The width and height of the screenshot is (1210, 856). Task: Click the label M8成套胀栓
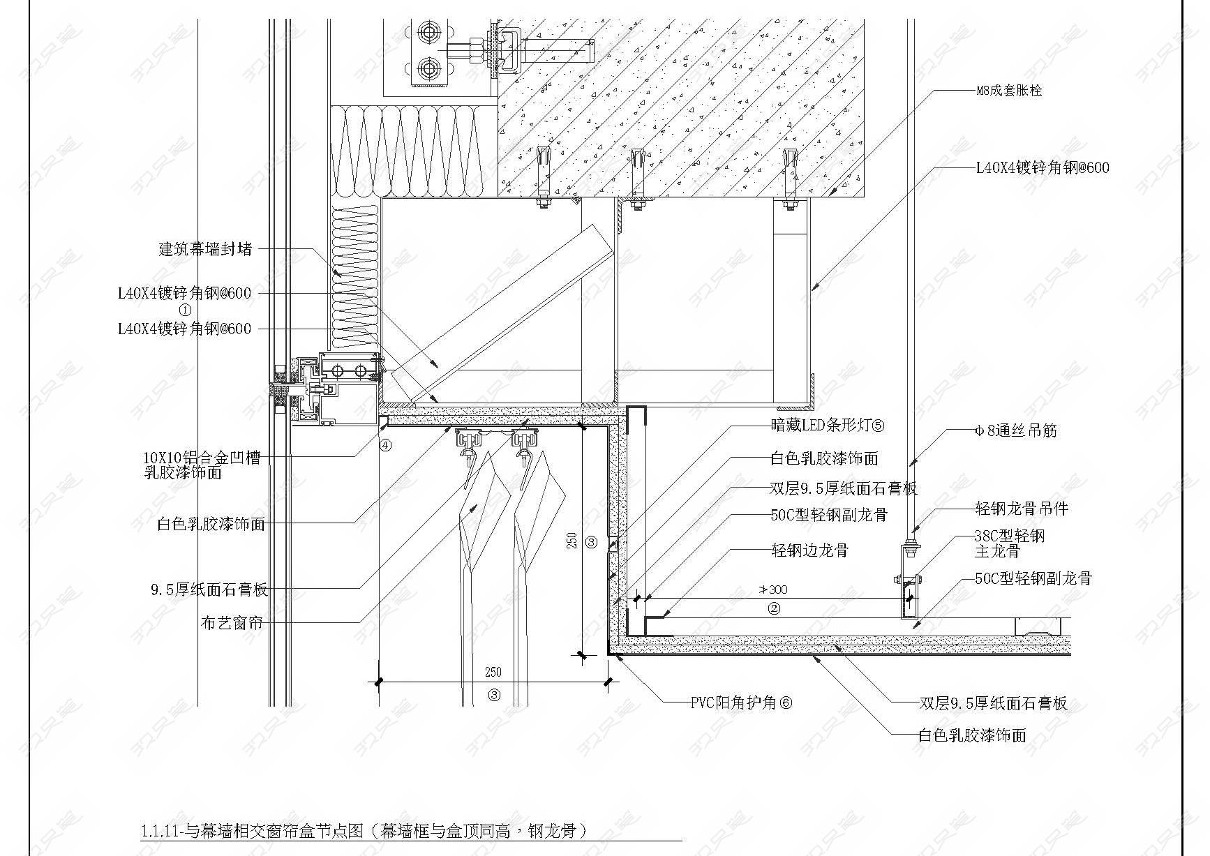click(x=1009, y=91)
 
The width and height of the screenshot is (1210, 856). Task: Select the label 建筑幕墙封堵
click(x=205, y=249)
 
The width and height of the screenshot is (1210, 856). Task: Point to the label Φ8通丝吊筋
click(x=1016, y=431)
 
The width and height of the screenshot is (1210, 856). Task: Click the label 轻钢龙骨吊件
click(x=1022, y=509)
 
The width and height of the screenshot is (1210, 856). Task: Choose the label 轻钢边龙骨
click(x=809, y=550)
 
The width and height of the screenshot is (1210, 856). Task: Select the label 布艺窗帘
click(x=232, y=623)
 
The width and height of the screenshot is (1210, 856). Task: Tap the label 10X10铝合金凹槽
click(x=202, y=458)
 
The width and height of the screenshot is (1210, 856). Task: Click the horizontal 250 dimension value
click(x=493, y=673)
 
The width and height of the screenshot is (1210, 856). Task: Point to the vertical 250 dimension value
click(x=572, y=541)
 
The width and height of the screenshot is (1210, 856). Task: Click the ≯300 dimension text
click(x=772, y=590)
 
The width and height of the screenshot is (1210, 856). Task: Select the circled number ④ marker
click(x=385, y=445)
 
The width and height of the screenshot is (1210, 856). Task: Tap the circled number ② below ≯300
click(x=775, y=608)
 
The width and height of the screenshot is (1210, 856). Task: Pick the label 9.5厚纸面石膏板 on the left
click(x=209, y=590)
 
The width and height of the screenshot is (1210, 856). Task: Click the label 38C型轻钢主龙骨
click(x=1010, y=543)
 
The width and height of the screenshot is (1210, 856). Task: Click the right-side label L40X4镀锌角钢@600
click(x=1043, y=167)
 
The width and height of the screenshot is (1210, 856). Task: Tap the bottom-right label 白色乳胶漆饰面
click(x=972, y=735)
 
